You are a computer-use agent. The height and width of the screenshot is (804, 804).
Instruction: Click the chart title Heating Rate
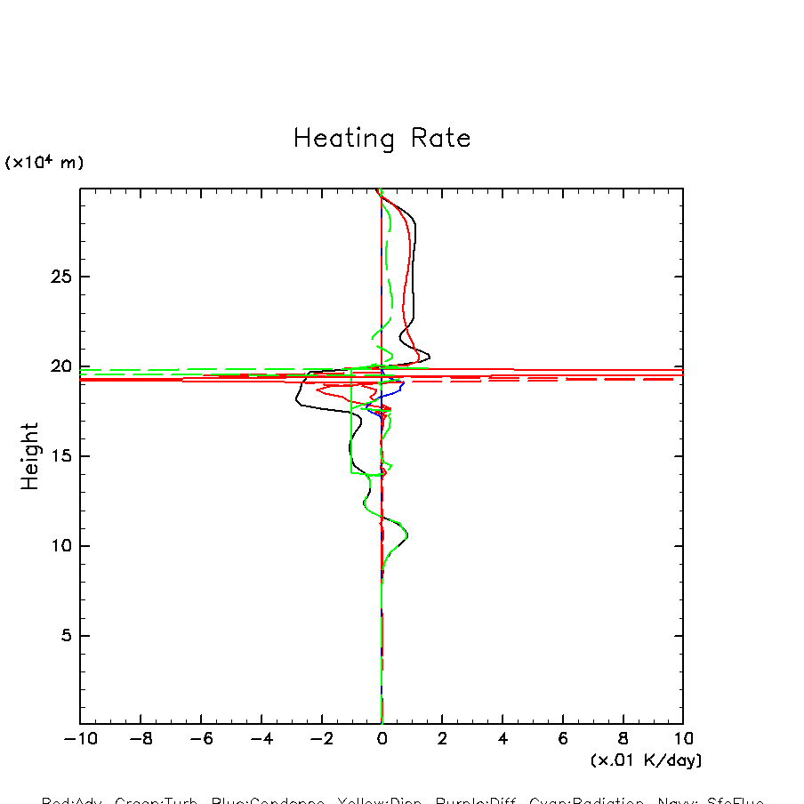tap(382, 139)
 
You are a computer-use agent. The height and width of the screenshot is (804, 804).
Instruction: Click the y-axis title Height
tap(30, 456)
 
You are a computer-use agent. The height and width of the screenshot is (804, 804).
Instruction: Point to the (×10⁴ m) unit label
tap(44, 163)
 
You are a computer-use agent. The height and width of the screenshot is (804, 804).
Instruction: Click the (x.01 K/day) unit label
tap(646, 760)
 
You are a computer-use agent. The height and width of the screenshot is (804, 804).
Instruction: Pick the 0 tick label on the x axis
tap(382, 739)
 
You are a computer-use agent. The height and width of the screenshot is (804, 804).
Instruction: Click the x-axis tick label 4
tap(502, 739)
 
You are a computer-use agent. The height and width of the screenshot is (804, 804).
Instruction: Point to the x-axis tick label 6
tap(563, 739)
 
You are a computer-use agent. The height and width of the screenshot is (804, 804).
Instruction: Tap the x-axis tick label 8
tap(623, 739)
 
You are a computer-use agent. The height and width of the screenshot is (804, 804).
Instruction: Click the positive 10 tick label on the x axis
tap(683, 739)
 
